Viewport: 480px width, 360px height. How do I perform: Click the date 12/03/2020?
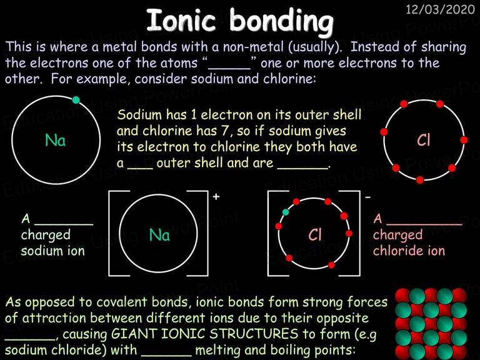point(440,9)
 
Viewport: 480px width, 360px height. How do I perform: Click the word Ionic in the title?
point(181,20)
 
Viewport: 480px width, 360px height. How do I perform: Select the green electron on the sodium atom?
point(76,100)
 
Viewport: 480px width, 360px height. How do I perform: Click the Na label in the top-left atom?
point(56,141)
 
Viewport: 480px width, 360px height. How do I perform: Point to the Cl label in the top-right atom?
point(424,140)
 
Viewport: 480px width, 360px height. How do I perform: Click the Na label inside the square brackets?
point(159,235)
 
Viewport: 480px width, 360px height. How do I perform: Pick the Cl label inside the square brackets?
point(315,235)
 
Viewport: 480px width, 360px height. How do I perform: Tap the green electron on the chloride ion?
point(286,212)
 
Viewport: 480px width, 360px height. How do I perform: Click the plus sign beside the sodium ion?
point(216,196)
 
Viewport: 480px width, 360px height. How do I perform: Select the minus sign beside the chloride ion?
point(368,197)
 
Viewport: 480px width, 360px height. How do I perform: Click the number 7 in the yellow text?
point(224,131)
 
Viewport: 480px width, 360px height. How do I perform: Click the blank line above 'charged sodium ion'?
point(64,224)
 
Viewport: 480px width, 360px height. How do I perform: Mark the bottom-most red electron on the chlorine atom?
point(420,180)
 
